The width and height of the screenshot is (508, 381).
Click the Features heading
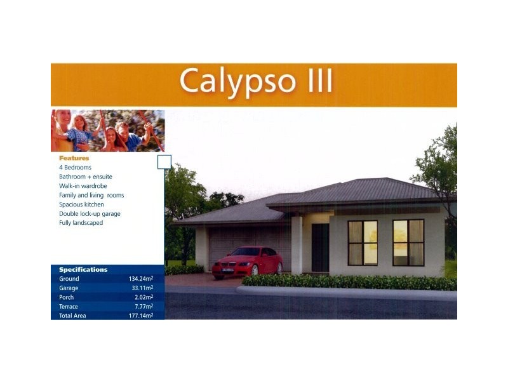[74, 158]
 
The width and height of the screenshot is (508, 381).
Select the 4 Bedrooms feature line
[75, 168]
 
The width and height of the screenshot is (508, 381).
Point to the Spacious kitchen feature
[81, 204]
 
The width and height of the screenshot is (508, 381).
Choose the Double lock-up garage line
[90, 214]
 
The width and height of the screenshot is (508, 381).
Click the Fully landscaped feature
[81, 223]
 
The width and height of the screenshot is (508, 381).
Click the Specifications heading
[83, 270]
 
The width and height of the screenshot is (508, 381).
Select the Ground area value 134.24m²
[140, 279]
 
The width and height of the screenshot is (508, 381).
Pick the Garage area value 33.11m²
[142, 288]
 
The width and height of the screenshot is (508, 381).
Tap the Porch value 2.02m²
[143, 297]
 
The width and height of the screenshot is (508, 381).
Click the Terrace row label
[69, 307]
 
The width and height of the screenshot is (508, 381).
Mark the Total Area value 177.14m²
[140, 316]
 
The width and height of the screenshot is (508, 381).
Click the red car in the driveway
[248, 261]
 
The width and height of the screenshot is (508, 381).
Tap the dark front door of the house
[320, 248]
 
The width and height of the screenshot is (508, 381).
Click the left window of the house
[363, 243]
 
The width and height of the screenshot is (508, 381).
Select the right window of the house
[408, 242]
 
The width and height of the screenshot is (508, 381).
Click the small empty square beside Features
[164, 162]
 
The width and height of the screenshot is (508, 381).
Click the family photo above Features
[107, 131]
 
